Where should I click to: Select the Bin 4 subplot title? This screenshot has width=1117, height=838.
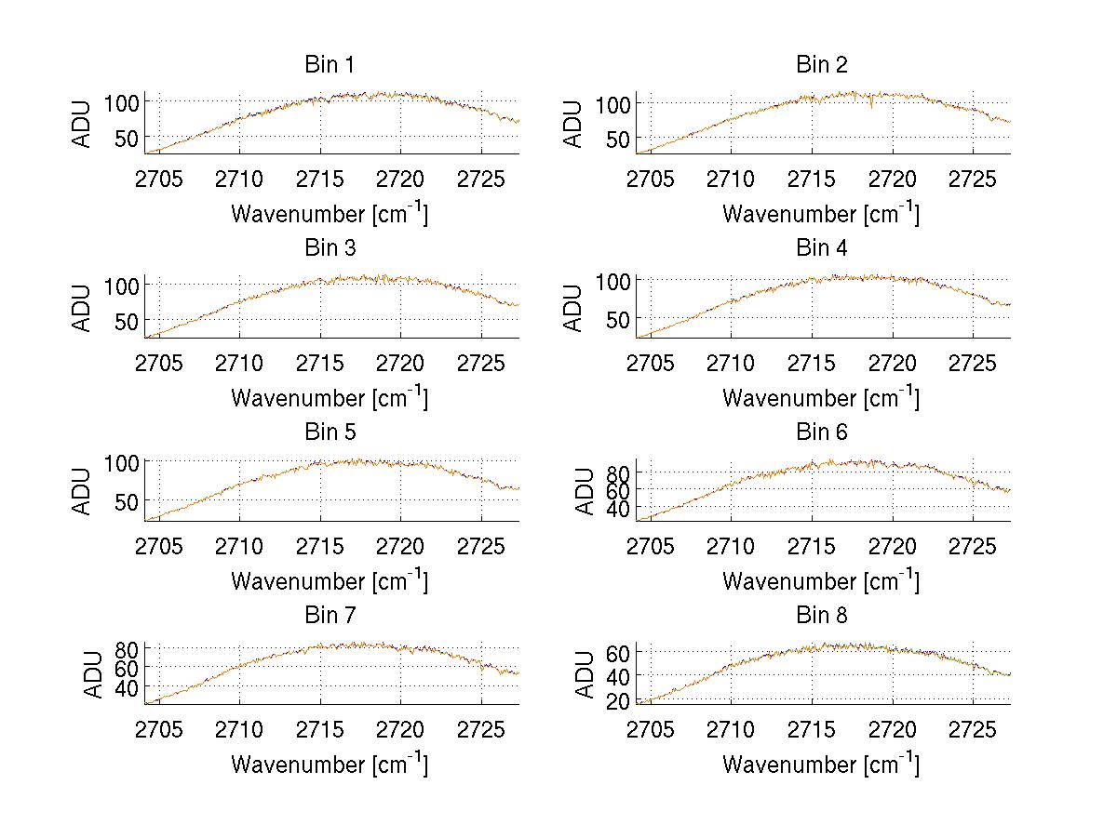[821, 248]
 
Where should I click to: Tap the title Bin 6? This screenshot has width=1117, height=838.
[821, 432]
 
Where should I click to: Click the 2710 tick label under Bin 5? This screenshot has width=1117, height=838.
[240, 545]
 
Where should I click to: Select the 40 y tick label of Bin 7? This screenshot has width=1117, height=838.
[127, 686]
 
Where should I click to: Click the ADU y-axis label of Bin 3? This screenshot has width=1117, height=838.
[82, 308]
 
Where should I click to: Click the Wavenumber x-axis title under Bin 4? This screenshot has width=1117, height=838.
[821, 397]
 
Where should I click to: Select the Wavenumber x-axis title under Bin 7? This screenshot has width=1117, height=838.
[329, 765]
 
